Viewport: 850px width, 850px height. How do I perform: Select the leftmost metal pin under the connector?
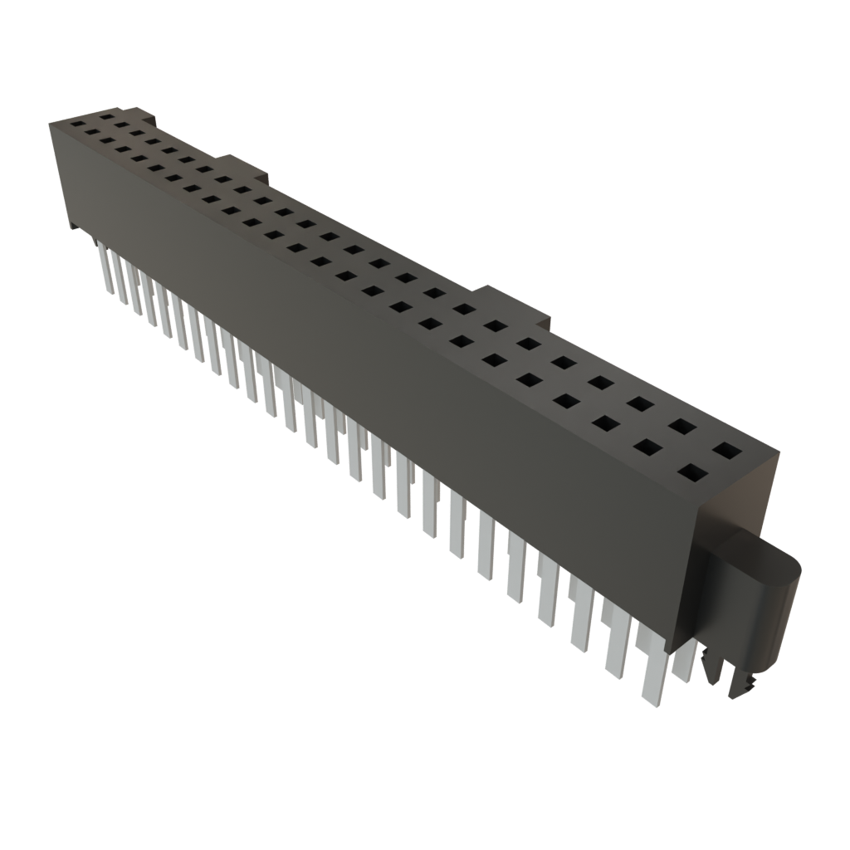(105, 266)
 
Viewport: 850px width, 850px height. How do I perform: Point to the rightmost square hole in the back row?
(726, 452)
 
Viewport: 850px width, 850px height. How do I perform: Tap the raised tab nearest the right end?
(515, 301)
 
